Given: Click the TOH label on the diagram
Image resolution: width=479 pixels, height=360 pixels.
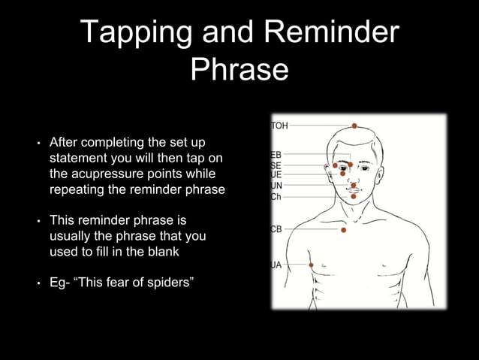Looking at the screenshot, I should [x=279, y=126].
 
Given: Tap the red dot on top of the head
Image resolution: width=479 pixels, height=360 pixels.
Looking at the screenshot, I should [x=354, y=126].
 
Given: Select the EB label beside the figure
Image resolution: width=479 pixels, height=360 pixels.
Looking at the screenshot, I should [x=276, y=155].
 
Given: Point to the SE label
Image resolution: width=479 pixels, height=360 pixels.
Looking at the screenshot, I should [x=276, y=165].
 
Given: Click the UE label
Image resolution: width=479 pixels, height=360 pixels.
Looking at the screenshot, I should [x=276, y=174].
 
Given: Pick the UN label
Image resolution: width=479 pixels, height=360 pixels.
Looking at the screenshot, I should [x=276, y=186].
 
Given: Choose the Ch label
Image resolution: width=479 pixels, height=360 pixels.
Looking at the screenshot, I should [x=276, y=196].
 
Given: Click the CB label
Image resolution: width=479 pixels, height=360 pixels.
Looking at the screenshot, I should [x=276, y=229].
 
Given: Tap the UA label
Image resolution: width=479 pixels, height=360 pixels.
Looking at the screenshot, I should [x=276, y=265].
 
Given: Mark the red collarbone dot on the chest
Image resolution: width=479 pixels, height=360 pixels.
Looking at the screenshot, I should [x=343, y=230].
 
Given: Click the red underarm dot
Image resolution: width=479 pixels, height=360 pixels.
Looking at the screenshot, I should [x=311, y=265].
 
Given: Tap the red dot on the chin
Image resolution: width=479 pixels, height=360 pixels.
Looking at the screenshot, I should [x=353, y=196].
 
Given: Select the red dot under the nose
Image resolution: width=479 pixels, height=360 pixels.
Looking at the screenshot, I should [x=353, y=185].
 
